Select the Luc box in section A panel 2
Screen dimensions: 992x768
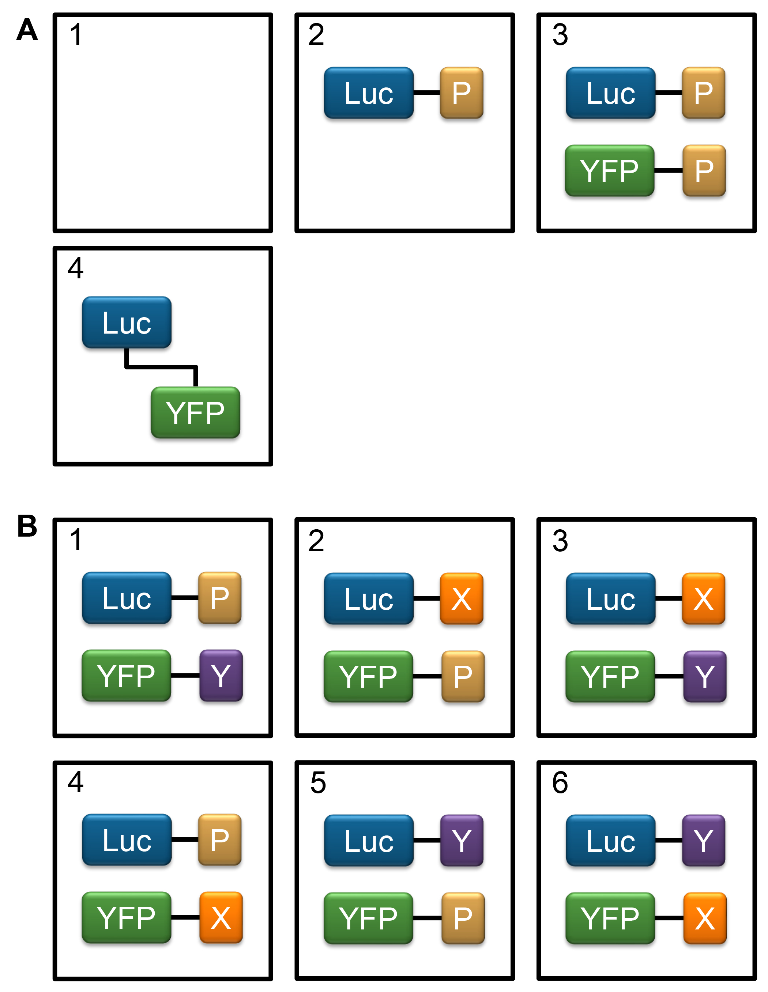point(368,93)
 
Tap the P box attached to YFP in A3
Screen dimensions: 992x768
point(704,171)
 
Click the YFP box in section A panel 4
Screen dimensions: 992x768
point(195,413)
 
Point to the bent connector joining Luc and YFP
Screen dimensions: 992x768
point(161,366)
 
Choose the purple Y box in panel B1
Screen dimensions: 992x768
point(221,675)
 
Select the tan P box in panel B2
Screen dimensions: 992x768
point(463,676)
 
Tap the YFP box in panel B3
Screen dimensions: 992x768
point(610,676)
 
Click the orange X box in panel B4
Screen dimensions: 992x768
point(221,917)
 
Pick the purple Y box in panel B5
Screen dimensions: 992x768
point(462,840)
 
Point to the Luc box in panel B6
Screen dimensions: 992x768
point(610,840)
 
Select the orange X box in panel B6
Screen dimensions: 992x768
point(704,918)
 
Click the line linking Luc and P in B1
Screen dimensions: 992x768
point(185,597)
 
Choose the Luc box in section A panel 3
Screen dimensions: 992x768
point(610,93)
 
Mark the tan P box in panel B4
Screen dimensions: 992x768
point(220,839)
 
